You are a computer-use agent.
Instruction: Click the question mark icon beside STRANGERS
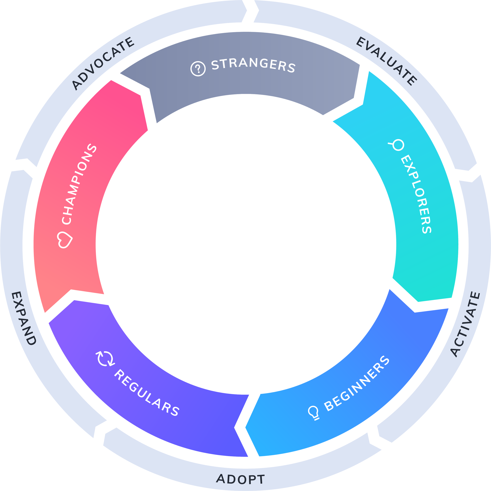point(198,68)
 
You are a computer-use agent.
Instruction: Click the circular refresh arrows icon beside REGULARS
point(105,359)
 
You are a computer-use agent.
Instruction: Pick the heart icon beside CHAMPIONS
point(65,239)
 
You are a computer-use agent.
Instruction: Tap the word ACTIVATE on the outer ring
point(465,324)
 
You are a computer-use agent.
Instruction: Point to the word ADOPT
point(240,479)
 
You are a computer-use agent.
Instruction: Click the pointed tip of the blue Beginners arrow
point(246,427)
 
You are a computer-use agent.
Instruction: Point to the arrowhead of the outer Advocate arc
point(246,10)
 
